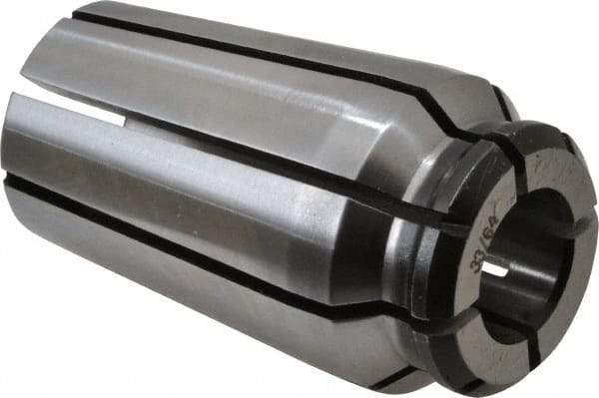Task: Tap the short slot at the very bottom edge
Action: [399, 377]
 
